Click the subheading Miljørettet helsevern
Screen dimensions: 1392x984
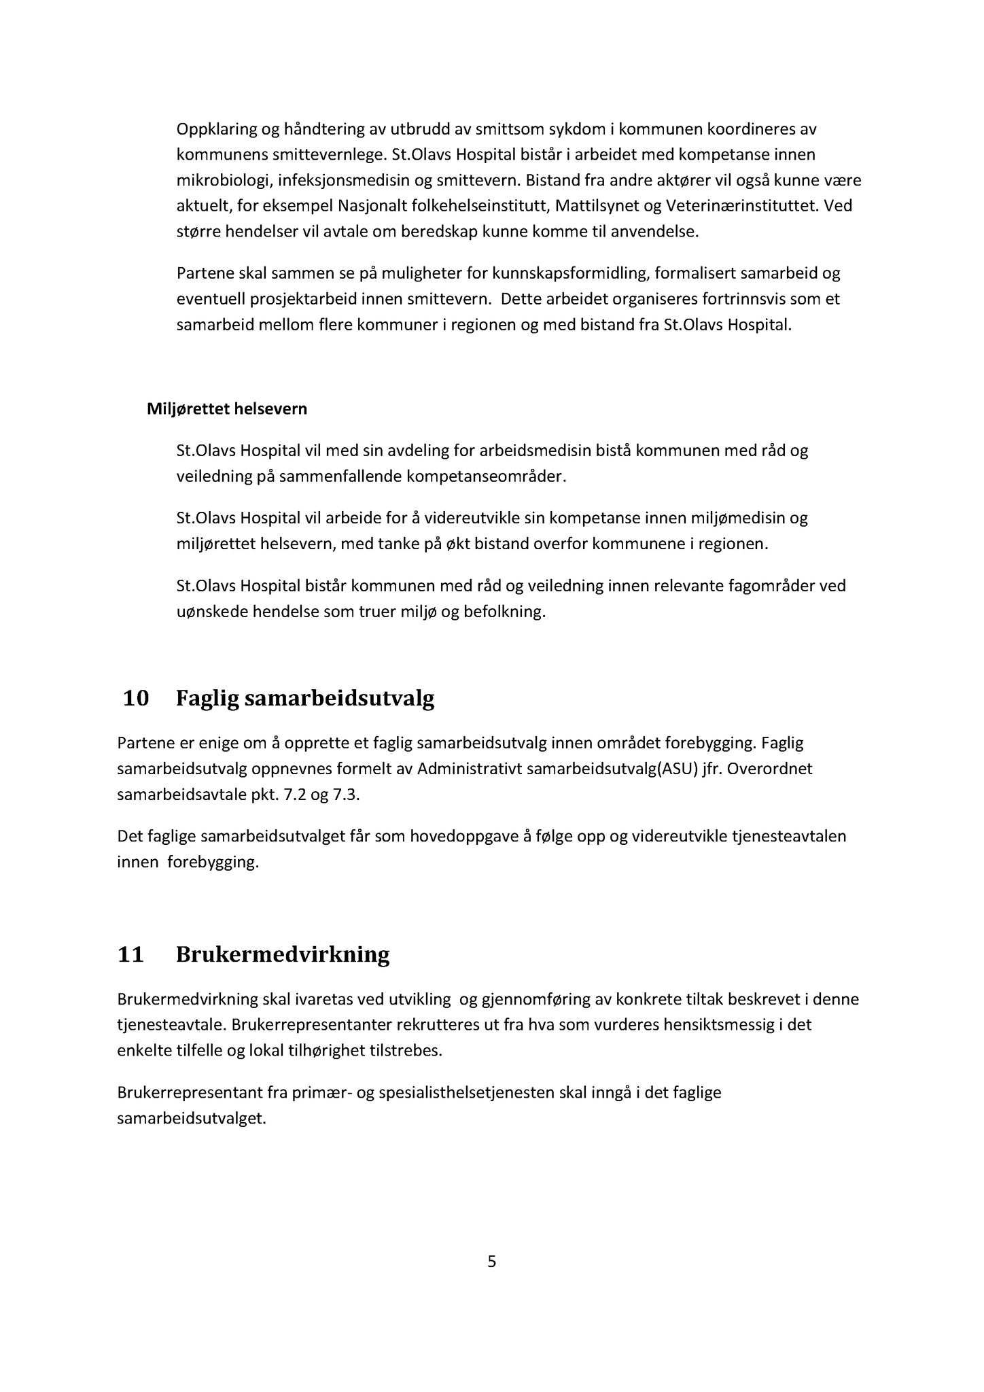coord(227,409)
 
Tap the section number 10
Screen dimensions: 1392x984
coord(136,699)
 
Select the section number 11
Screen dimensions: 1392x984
coord(130,954)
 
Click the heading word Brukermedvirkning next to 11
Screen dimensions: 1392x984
coord(283,954)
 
